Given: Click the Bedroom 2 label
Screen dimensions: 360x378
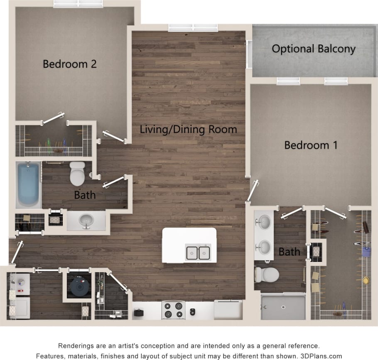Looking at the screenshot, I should [x=70, y=64].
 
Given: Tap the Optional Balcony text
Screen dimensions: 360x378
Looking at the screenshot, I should [x=314, y=49].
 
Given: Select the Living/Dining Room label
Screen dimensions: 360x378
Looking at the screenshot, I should [x=188, y=129].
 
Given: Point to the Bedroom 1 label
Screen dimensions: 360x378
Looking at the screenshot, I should [x=310, y=145].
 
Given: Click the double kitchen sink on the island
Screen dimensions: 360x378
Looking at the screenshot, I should [x=198, y=252].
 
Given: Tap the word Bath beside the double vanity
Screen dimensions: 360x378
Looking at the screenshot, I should [x=289, y=252].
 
